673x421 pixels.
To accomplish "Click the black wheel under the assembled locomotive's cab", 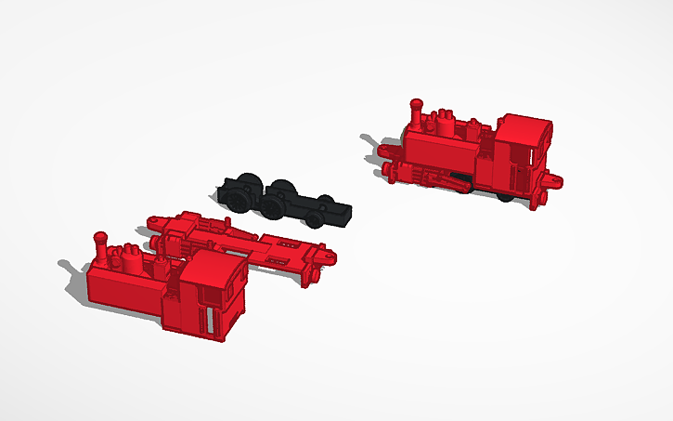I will tap(504, 196).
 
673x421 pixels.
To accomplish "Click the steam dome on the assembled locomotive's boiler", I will tap(447, 124).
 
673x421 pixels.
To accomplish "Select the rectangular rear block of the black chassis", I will tap(338, 213).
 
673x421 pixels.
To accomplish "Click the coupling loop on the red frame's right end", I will tap(327, 256).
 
